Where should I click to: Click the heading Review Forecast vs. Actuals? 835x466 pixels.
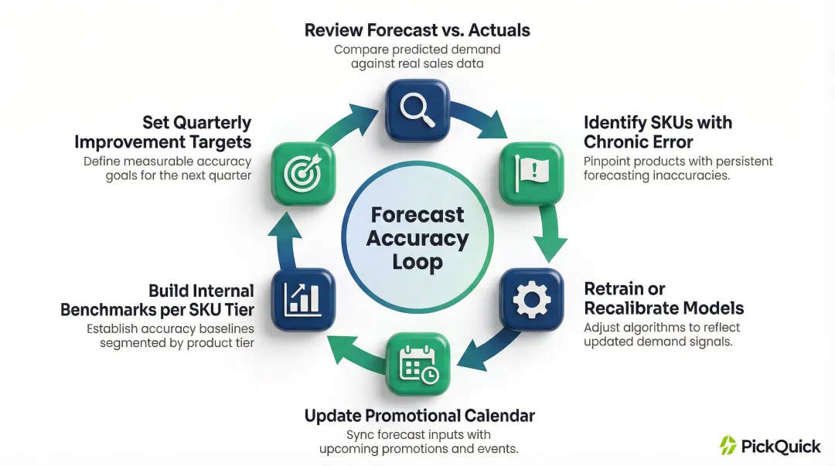click(417, 31)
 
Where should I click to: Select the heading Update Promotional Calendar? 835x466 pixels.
click(419, 416)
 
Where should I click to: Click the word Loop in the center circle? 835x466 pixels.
click(417, 262)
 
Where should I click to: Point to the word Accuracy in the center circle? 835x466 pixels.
click(417, 238)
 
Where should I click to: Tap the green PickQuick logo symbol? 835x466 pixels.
click(728, 445)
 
